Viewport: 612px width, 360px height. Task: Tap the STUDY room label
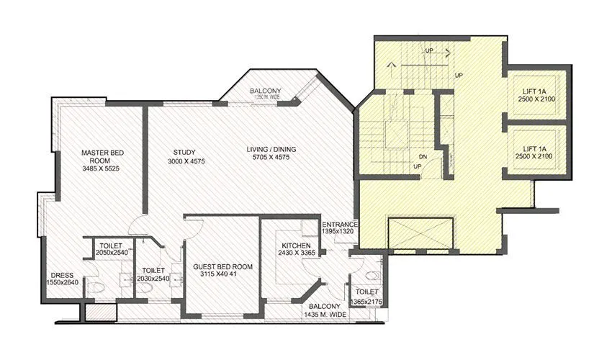pyautogui.click(x=185, y=151)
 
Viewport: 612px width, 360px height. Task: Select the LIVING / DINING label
pyautogui.click(x=271, y=150)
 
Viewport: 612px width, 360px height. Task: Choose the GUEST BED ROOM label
pyautogui.click(x=222, y=266)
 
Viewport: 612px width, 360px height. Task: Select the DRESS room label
pyautogui.click(x=62, y=274)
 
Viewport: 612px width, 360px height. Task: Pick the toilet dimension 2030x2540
pyautogui.click(x=152, y=279)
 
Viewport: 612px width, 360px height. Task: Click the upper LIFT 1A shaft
pyautogui.click(x=538, y=95)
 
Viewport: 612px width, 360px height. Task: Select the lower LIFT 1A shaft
pyautogui.click(x=538, y=151)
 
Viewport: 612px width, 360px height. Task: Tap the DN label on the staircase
pyautogui.click(x=424, y=156)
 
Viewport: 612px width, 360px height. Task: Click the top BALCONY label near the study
pyautogui.click(x=266, y=91)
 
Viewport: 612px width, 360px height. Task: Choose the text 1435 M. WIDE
pyautogui.click(x=325, y=315)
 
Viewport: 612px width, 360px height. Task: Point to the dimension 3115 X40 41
pyautogui.click(x=222, y=274)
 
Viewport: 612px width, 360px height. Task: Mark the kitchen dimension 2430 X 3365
pyautogui.click(x=297, y=253)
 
